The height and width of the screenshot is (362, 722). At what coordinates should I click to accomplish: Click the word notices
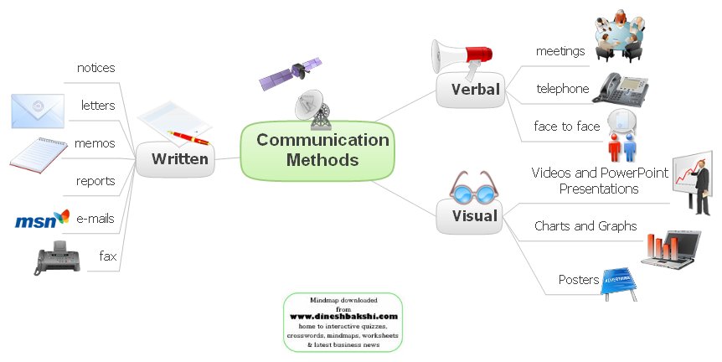[x=95, y=68]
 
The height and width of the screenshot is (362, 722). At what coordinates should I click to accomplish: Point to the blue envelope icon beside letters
[x=37, y=111]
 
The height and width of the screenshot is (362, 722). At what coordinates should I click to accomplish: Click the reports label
[x=95, y=181]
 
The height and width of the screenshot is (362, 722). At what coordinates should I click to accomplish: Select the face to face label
[x=567, y=127]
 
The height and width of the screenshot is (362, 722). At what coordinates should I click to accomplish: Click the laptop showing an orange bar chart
[x=674, y=246]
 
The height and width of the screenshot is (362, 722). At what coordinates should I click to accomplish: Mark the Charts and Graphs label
[x=585, y=226]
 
